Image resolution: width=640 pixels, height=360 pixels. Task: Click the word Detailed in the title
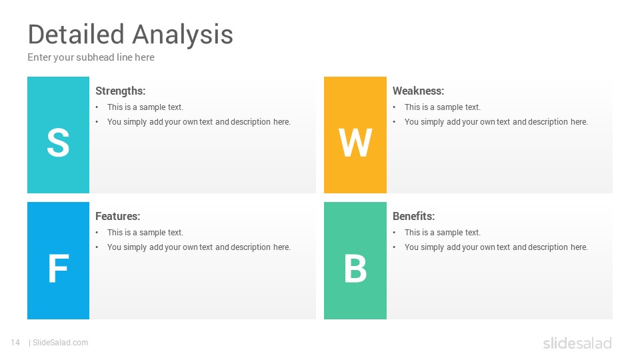76,34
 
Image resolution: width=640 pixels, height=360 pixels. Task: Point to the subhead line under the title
91,57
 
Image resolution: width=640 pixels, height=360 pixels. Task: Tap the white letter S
58,143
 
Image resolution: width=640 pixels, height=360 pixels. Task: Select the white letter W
355,143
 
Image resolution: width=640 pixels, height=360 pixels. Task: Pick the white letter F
59,268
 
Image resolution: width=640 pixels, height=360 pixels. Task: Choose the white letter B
355,268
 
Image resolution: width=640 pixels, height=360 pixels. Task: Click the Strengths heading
121,91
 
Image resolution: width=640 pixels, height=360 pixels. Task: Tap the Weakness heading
419,91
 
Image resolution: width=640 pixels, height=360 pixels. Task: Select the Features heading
117,216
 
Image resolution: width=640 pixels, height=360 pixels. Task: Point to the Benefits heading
414,216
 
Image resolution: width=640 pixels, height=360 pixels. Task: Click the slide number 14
15,343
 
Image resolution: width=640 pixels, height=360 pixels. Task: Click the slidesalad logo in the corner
577,343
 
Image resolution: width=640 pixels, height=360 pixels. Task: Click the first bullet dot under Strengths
97,107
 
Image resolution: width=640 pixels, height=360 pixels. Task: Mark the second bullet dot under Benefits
394,247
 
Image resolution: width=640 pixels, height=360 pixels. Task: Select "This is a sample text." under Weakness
443,107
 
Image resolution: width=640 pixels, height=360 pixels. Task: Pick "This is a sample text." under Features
145,232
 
